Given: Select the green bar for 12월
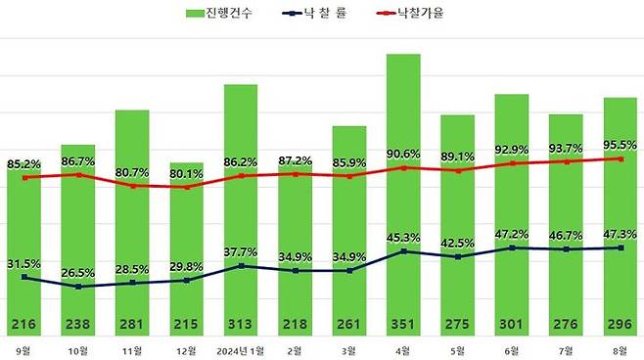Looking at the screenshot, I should click(186, 245).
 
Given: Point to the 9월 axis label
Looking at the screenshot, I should click(23, 349).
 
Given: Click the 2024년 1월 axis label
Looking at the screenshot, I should click(241, 349).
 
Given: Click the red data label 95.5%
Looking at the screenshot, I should click(621, 144).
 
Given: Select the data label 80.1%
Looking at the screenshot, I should click(186, 175).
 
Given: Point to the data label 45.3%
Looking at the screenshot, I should click(403, 236).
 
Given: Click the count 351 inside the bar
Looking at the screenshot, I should click(403, 324).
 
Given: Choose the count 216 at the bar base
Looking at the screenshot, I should click(23, 324).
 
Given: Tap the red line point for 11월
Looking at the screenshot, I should click(132, 185).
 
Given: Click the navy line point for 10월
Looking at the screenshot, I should click(78, 287).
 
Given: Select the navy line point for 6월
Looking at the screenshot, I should click(512, 248).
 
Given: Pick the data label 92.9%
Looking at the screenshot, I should click(512, 149).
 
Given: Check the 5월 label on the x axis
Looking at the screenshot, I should click(458, 349).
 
